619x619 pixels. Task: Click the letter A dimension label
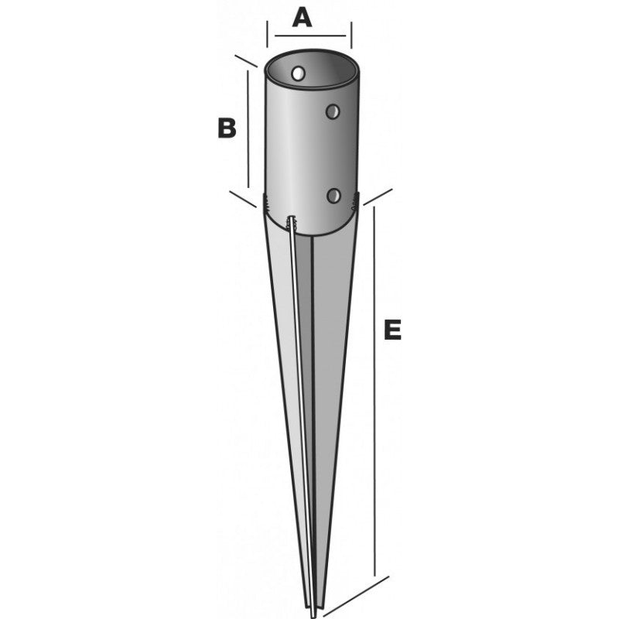(x=302, y=18)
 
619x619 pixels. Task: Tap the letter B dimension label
(x=227, y=128)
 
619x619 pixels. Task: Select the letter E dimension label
(x=393, y=330)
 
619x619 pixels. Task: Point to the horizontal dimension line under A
(x=310, y=36)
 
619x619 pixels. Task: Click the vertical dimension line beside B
(x=248, y=129)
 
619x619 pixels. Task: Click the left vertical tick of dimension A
(x=268, y=34)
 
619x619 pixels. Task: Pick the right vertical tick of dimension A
(x=351, y=36)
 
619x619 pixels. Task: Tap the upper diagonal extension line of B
(x=246, y=61)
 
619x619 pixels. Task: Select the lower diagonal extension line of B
(x=243, y=200)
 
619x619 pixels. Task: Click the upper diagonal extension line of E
(x=378, y=197)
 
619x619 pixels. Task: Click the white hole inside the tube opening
(x=299, y=73)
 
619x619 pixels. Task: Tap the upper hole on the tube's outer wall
(x=333, y=111)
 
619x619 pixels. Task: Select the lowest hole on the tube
(x=333, y=196)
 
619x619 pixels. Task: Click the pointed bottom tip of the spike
(x=313, y=616)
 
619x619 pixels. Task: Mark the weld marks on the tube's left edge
(x=267, y=202)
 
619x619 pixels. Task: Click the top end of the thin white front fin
(x=292, y=217)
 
